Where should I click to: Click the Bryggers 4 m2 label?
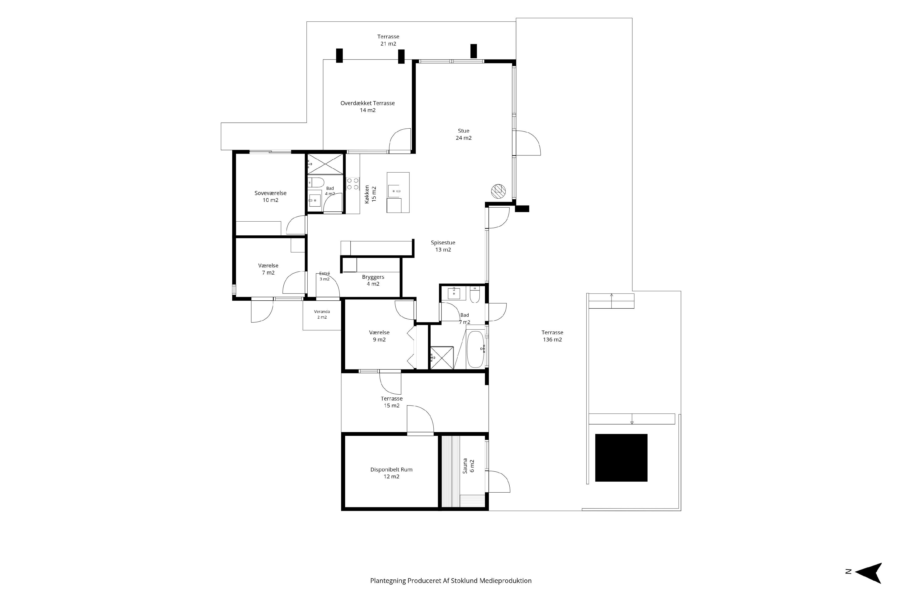click(x=373, y=280)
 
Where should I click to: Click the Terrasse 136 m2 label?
click(x=552, y=336)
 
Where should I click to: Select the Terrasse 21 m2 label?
click(x=388, y=40)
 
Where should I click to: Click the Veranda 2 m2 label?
click(x=322, y=314)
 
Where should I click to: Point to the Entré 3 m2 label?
click(x=324, y=276)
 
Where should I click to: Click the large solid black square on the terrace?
click(x=621, y=458)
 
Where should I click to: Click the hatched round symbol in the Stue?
click(x=498, y=191)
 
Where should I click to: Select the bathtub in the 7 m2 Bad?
click(x=476, y=349)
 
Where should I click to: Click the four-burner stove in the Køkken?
click(x=353, y=184)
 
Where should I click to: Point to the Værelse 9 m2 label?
click(x=379, y=336)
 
